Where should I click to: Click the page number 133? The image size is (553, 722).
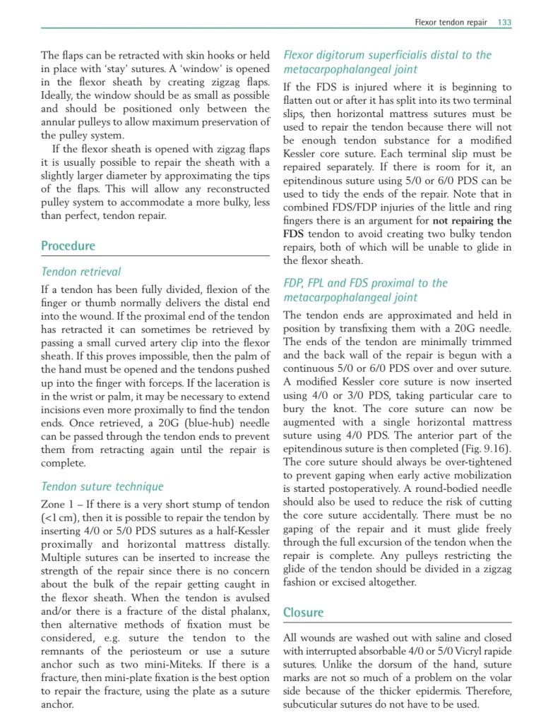click(x=504, y=23)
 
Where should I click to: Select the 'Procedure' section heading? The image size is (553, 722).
click(x=68, y=246)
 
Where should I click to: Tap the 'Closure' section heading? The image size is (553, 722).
click(x=303, y=612)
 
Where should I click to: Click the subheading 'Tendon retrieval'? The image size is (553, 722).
click(x=81, y=272)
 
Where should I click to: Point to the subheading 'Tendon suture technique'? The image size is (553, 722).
click(x=102, y=486)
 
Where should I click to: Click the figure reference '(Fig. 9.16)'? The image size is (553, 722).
click(x=487, y=449)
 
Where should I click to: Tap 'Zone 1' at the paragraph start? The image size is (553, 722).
click(x=60, y=505)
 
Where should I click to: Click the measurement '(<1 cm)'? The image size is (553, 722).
click(x=60, y=518)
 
